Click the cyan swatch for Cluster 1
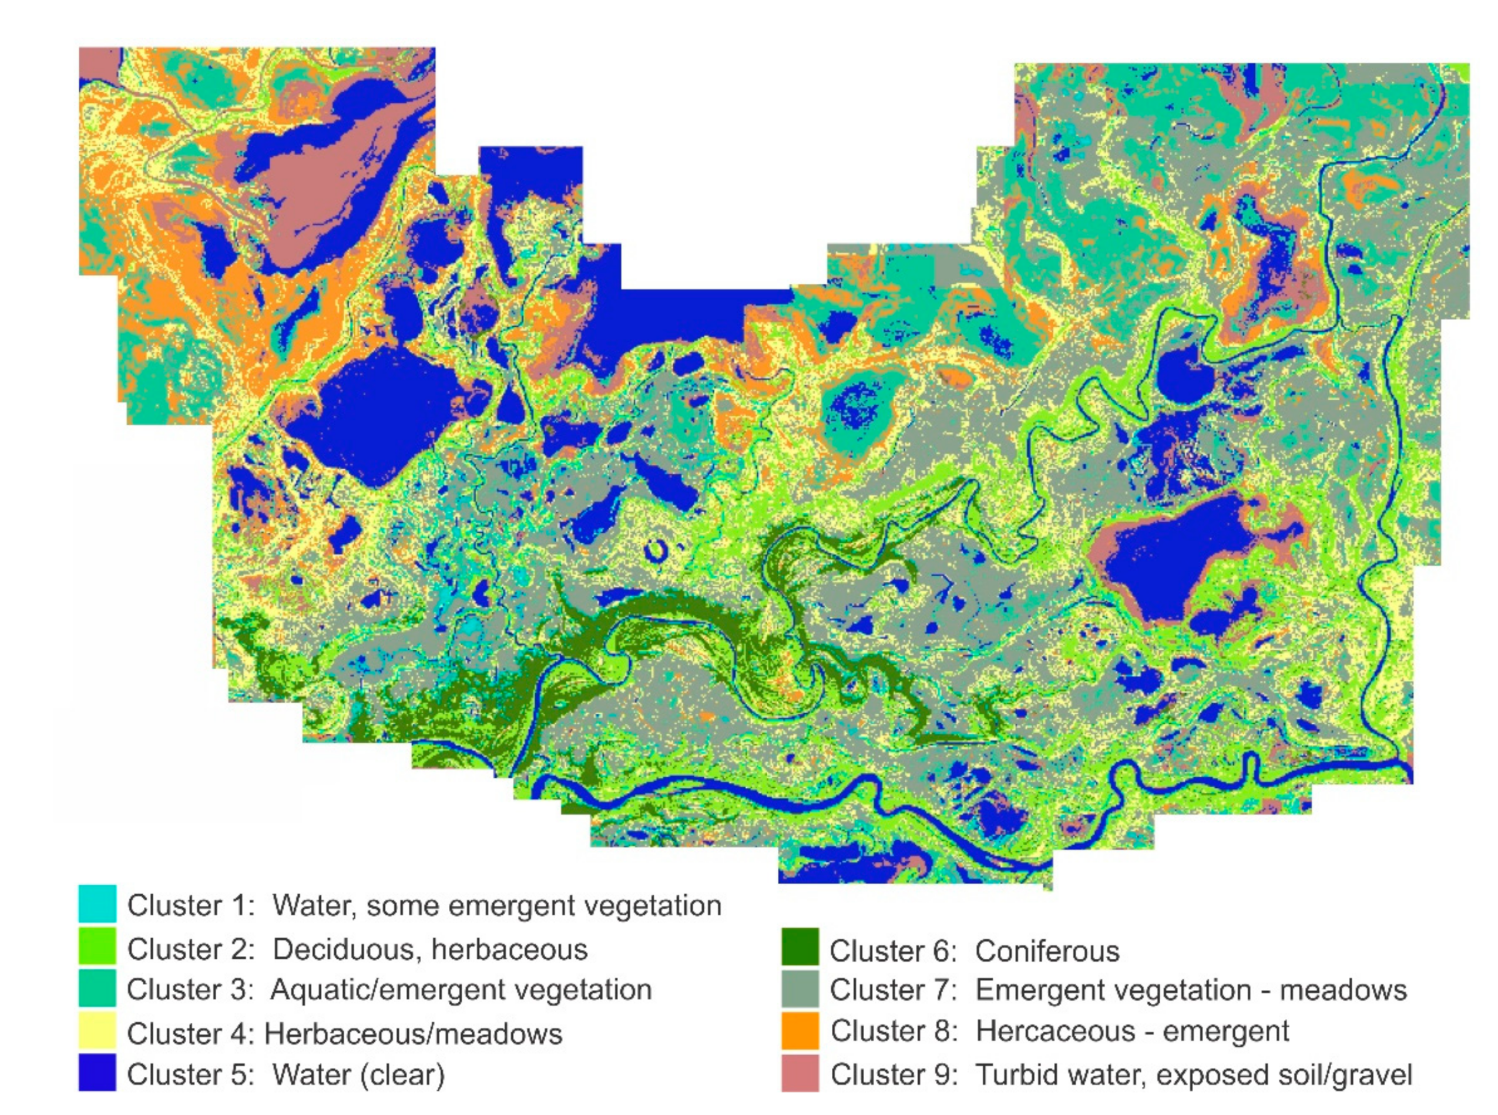(x=97, y=904)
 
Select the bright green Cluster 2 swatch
(x=97, y=946)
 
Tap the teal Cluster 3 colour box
(x=97, y=988)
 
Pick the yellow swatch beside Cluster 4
(x=97, y=1030)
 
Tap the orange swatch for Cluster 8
(x=800, y=1030)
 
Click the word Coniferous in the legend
(x=1047, y=951)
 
